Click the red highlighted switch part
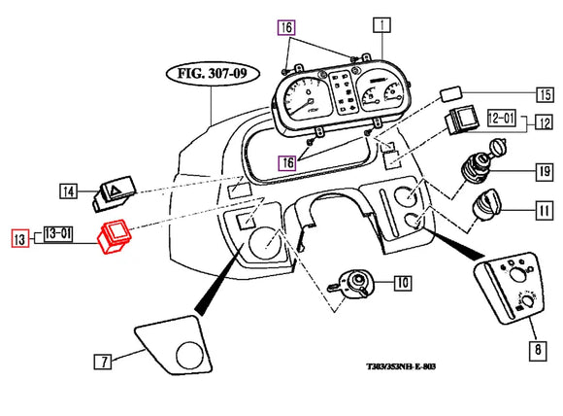pyautogui.click(x=116, y=236)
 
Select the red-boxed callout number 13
pyautogui.click(x=18, y=237)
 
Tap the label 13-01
pyautogui.click(x=57, y=233)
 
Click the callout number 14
pyautogui.click(x=67, y=191)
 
